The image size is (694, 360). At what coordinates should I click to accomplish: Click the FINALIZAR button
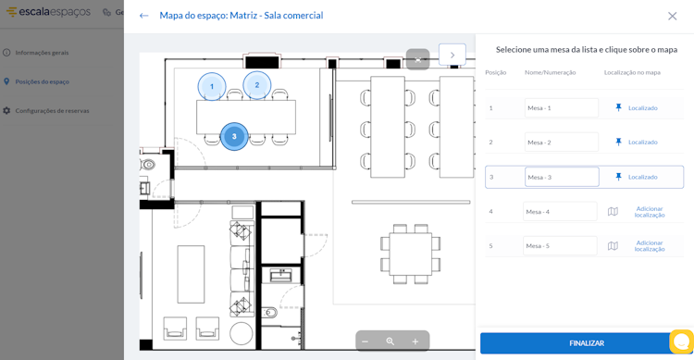587,343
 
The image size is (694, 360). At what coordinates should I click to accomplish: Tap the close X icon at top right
672,16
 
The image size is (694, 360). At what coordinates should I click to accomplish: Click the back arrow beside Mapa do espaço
143,16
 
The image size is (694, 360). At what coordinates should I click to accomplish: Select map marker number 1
212,86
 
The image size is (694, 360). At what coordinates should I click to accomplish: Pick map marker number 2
256,85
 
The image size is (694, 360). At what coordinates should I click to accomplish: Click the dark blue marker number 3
234,136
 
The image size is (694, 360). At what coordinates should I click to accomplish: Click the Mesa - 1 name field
562,107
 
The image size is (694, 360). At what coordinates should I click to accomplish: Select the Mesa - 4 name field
560,212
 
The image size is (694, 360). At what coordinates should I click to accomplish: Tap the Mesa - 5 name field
560,246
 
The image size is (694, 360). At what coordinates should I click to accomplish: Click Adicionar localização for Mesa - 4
650,212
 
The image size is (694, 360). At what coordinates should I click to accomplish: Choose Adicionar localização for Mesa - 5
650,246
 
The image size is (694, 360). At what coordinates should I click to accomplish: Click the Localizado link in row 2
643,143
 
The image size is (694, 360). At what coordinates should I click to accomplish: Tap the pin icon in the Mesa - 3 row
618,177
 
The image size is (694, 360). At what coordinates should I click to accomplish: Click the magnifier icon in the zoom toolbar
390,341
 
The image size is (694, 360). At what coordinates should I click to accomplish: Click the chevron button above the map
452,55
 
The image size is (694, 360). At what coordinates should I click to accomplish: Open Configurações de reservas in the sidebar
52,111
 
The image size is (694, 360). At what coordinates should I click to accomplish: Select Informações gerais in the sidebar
42,53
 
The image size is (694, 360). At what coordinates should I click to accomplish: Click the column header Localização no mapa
632,72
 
